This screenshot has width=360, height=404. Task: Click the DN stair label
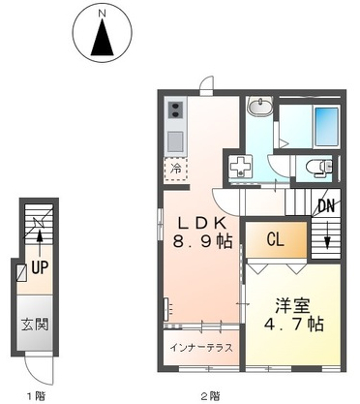point(326,206)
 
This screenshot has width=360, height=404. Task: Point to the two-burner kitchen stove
point(176,109)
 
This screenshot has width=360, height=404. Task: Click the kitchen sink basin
point(176,140)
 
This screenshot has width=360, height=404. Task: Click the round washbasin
point(259,107)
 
